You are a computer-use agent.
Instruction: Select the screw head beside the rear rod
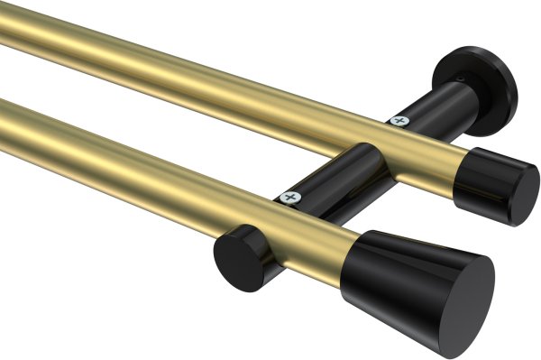[x=399, y=119]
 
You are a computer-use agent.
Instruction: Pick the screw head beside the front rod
[x=289, y=195]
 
